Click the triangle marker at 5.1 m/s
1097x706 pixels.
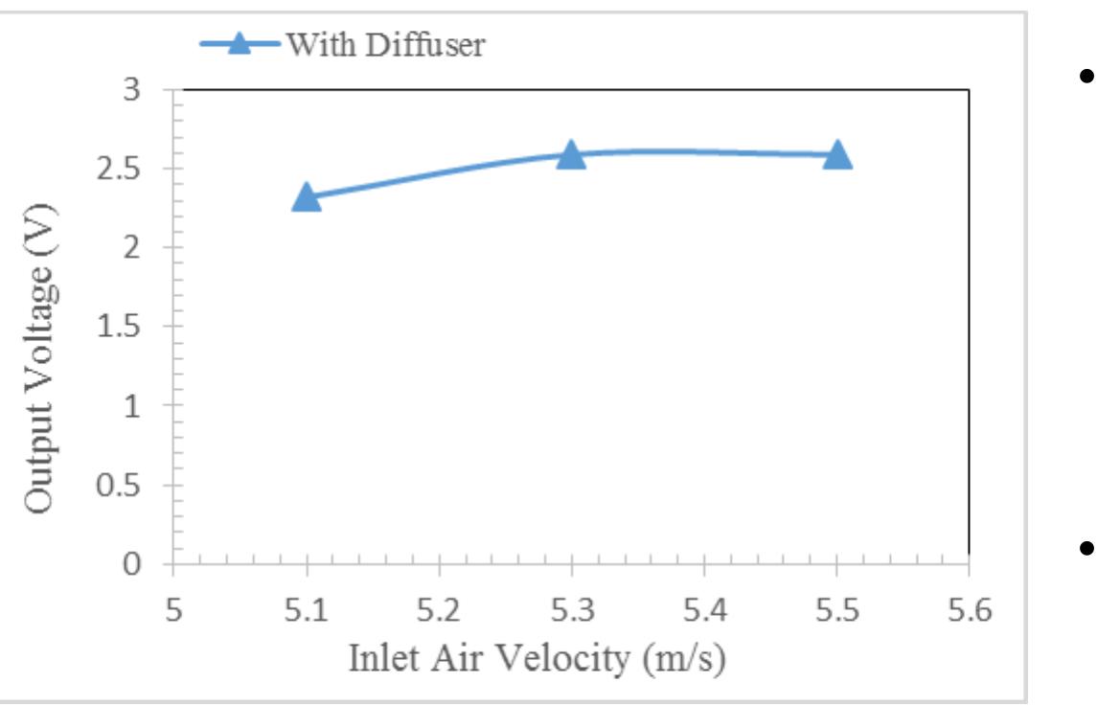pos(306,198)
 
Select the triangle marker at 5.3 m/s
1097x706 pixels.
pos(571,154)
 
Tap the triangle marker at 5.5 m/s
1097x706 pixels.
pos(836,154)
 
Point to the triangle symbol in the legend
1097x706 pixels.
pos(240,44)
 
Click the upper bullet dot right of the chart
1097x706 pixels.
pos(1085,75)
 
